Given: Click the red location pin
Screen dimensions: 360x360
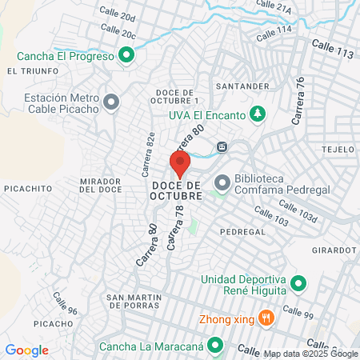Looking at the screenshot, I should [x=179, y=162].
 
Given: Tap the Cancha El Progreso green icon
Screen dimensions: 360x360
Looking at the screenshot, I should [x=126, y=55].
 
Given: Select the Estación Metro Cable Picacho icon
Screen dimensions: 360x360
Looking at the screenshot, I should [x=111, y=102].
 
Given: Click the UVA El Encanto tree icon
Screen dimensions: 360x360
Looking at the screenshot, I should [x=257, y=114].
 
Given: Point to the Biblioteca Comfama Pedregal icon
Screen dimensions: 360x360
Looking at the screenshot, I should [x=221, y=185].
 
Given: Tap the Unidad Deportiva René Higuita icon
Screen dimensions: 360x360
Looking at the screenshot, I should [x=298, y=283].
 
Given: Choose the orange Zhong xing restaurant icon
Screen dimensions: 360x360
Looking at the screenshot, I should [x=267, y=318].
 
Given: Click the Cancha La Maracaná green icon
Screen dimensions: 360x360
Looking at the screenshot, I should [x=214, y=346].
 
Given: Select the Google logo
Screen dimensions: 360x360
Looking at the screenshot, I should [x=26, y=350].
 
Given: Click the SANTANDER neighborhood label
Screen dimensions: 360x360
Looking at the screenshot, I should [x=239, y=85].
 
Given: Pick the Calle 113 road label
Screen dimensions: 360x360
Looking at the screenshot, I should [x=333, y=49].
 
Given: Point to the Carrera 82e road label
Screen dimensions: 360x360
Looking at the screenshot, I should [x=148, y=154].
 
